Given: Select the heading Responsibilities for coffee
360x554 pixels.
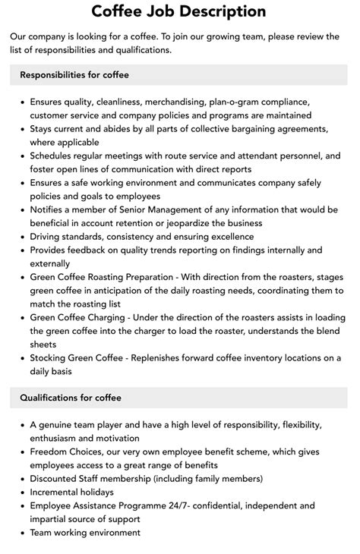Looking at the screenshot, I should (74, 74).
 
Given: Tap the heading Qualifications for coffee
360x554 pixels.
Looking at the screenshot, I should (71, 397).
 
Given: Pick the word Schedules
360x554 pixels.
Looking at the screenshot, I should (55, 156).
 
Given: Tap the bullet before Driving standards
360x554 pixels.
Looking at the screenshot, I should (21, 237).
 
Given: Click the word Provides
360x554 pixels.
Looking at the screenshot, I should (52, 250).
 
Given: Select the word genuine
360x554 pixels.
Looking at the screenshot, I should (58, 424).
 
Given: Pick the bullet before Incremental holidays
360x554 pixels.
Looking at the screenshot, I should (21, 492).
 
